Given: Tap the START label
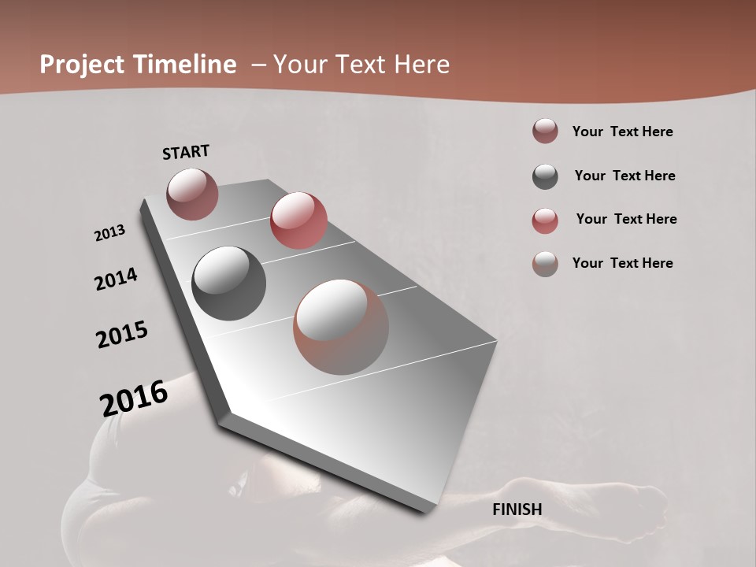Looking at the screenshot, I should click(x=186, y=152).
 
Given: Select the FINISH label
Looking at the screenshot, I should click(x=517, y=510).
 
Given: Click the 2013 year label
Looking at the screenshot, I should click(x=110, y=233).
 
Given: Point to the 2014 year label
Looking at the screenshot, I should click(x=116, y=279).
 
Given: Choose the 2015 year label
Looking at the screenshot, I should click(x=122, y=335).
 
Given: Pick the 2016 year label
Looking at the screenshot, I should click(x=134, y=398).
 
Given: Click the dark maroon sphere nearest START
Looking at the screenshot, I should click(x=192, y=194).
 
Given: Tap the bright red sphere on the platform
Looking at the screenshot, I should click(x=298, y=220).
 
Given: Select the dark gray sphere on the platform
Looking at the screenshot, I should click(x=229, y=283).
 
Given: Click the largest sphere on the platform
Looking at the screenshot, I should click(x=341, y=327).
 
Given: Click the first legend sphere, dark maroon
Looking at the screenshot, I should click(x=545, y=131).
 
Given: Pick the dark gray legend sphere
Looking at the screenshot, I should click(x=545, y=176).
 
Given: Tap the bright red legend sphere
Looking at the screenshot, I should click(x=545, y=220).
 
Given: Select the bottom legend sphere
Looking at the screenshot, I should click(x=545, y=264).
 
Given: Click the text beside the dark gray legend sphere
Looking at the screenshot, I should click(x=624, y=176).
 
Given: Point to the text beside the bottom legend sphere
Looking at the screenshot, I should click(x=622, y=263).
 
